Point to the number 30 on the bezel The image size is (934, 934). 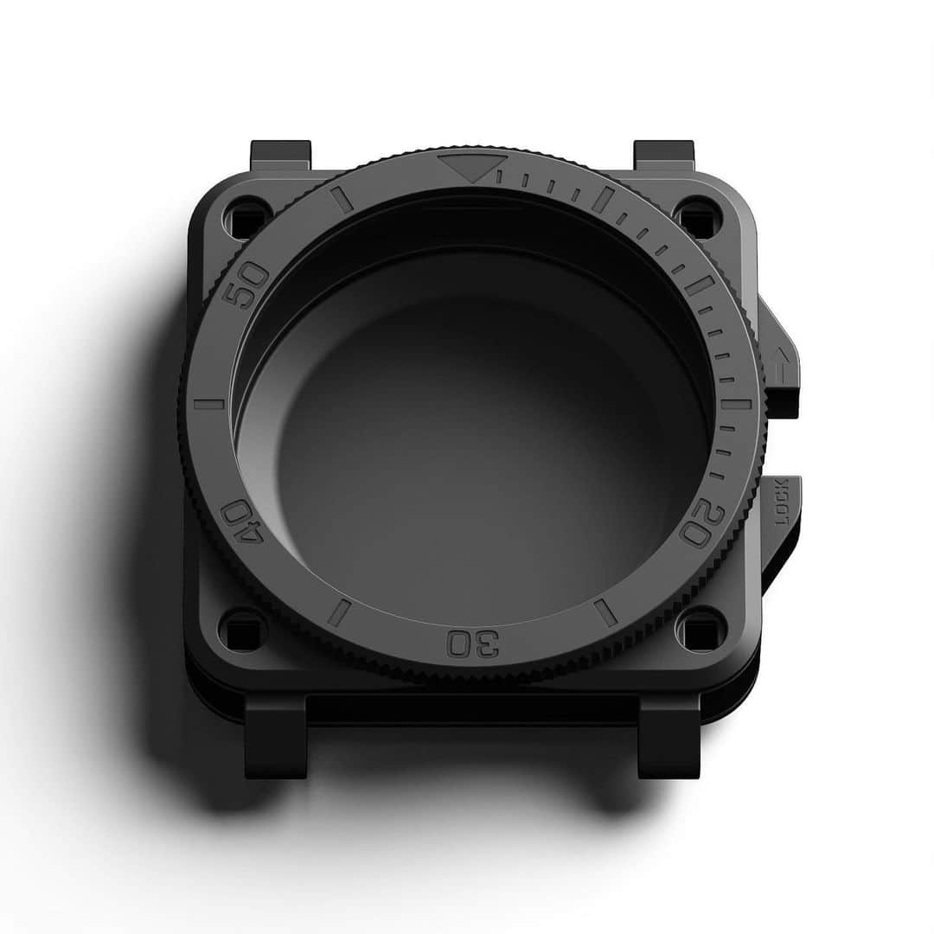click(475, 643)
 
